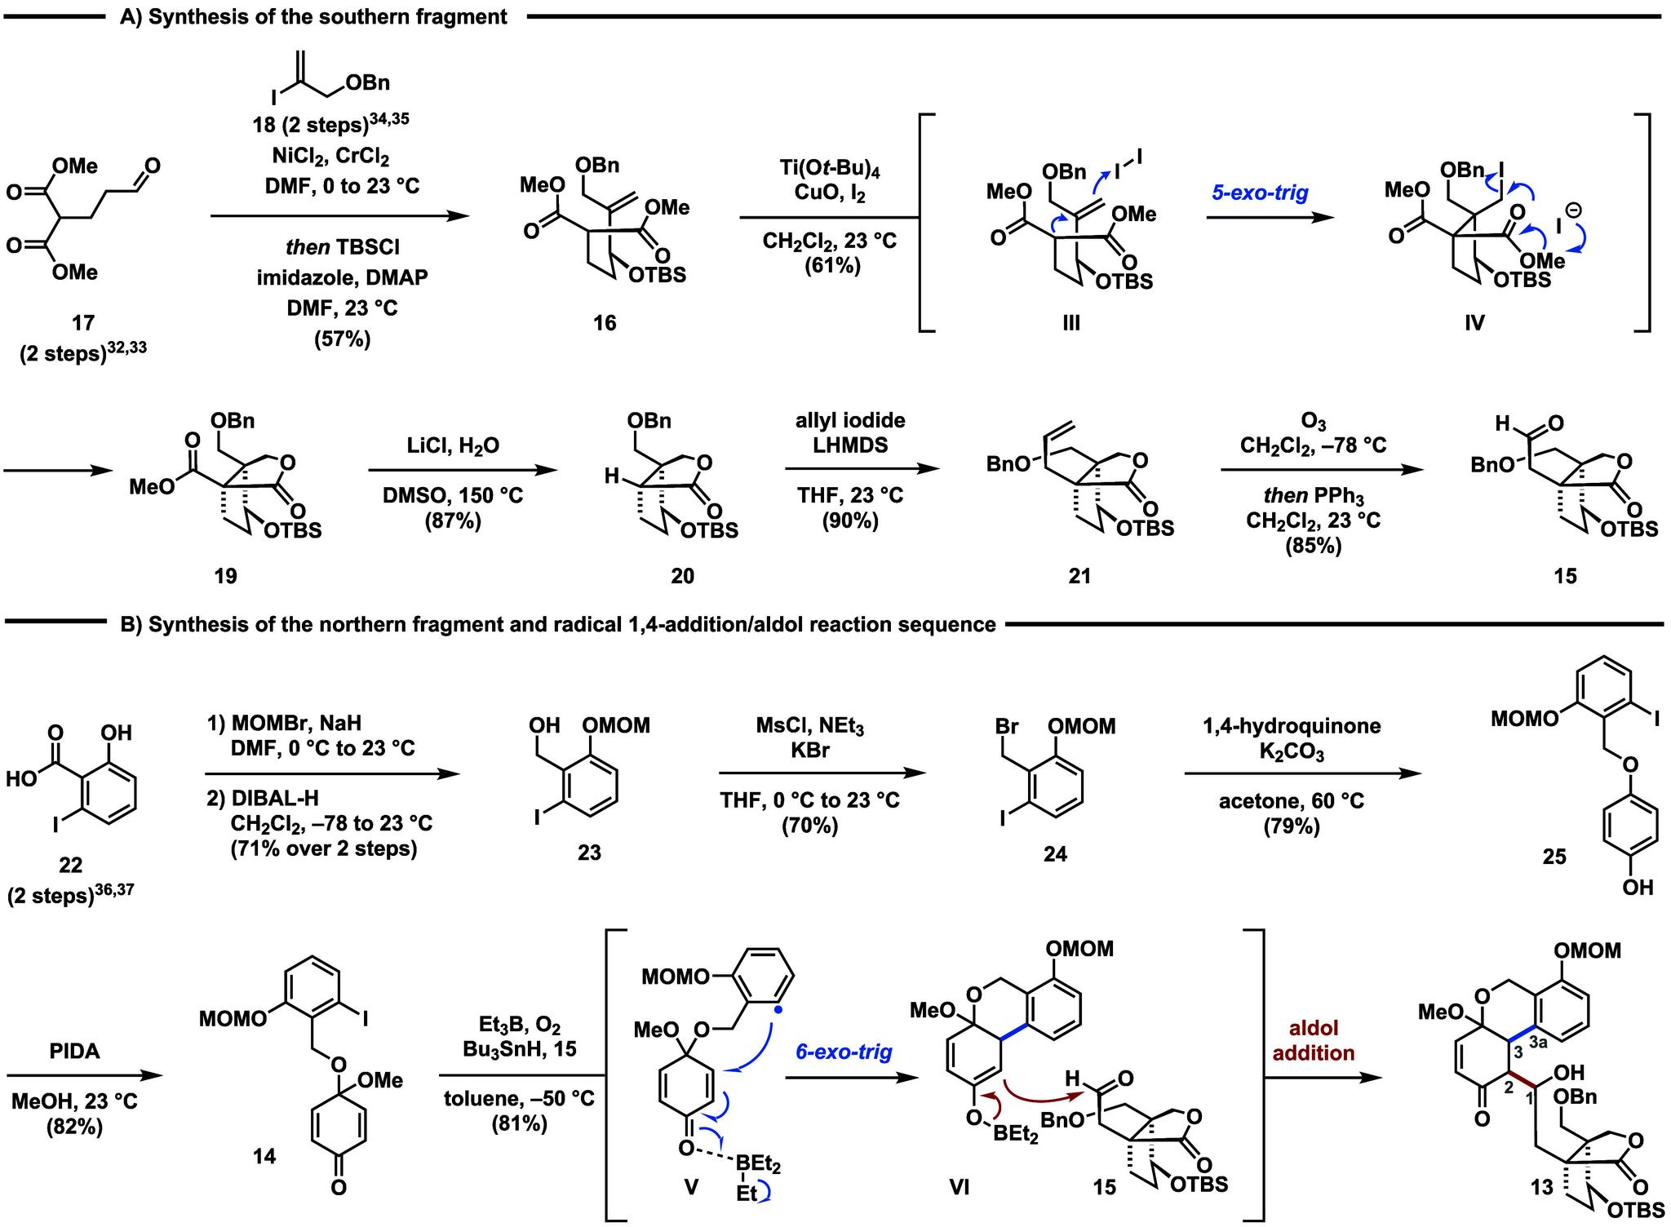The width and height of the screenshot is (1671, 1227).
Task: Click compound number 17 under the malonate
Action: click(83, 323)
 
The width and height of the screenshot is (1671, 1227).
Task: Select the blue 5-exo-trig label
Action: click(1261, 193)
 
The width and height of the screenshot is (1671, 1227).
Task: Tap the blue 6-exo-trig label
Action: click(844, 1052)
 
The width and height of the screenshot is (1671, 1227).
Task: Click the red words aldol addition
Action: click(1313, 1040)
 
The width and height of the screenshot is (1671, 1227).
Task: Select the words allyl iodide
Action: click(851, 421)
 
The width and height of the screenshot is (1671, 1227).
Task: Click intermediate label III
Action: click(1071, 323)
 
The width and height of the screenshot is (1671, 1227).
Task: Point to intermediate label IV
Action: click(1474, 323)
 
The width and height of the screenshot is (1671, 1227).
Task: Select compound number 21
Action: click(1079, 576)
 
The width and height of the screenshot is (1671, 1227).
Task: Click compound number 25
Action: click(1554, 856)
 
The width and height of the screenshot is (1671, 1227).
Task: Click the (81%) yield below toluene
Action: click(519, 1124)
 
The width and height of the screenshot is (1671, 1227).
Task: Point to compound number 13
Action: click(1541, 1188)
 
